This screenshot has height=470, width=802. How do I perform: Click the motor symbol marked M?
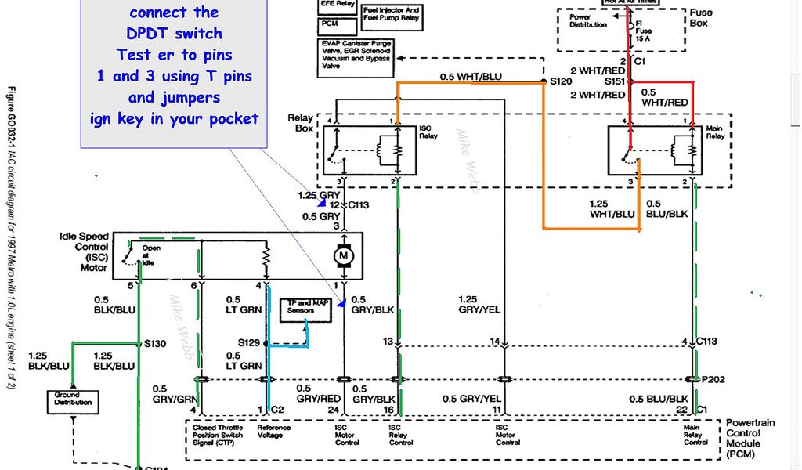341,256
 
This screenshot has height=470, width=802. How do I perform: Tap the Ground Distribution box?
73,399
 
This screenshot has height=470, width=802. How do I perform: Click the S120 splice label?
561,81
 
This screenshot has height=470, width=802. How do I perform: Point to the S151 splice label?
616,81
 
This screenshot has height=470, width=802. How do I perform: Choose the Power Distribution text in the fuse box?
587,20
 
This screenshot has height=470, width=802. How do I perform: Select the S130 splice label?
155,344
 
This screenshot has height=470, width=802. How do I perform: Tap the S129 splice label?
250,343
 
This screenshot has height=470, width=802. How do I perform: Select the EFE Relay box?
334,5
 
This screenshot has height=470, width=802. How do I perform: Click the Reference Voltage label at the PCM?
274,431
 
